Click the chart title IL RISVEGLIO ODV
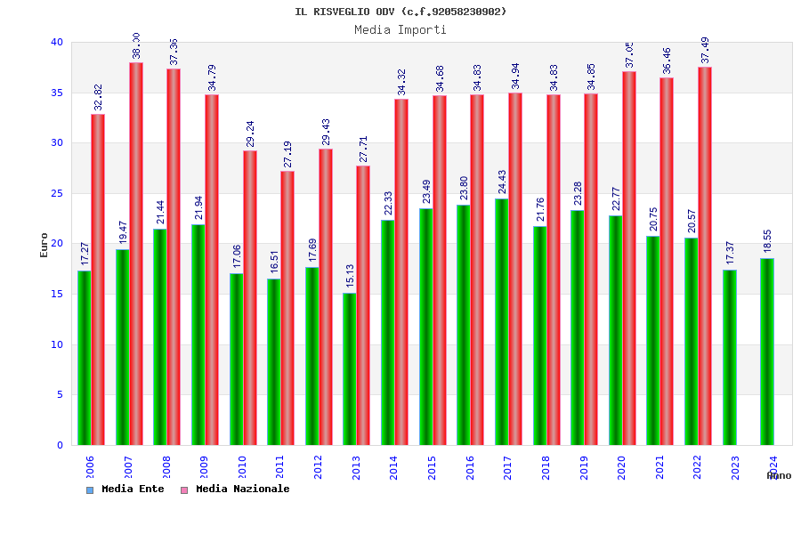pyautogui.click(x=400, y=12)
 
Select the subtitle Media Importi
pyautogui.click(x=400, y=29)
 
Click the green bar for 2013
pyautogui.click(x=350, y=368)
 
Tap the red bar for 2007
pyautogui.click(x=136, y=254)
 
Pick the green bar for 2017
pyautogui.click(x=502, y=321)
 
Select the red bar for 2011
pyautogui.click(x=287, y=308)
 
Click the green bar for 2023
pyautogui.click(x=730, y=357)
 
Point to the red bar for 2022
pyautogui.click(x=705, y=255)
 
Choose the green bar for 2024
pyautogui.click(x=767, y=352)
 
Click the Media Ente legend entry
pyautogui.click(x=125, y=489)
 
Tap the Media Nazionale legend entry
pyautogui.click(x=235, y=489)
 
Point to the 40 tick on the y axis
pyautogui.click(x=57, y=42)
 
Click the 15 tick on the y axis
pyautogui.click(x=57, y=294)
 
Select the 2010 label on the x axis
pyautogui.click(x=242, y=468)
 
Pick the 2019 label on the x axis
pyautogui.click(x=584, y=468)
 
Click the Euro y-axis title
pyautogui.click(x=44, y=244)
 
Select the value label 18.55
pyautogui.click(x=767, y=241)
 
